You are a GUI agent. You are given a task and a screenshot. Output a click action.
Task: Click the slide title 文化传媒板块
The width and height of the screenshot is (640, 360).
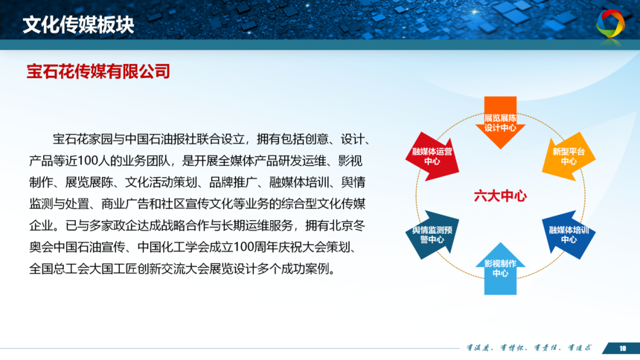78,25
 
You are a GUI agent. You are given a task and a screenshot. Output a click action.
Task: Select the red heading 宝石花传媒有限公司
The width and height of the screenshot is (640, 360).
98,71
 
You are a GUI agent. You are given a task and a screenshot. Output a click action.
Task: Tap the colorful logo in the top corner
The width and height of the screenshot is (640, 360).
610,24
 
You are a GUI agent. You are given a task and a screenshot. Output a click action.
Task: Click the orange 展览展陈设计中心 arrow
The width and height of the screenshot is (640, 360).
500,123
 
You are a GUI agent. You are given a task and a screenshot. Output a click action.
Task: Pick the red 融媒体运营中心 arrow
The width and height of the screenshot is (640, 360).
432,156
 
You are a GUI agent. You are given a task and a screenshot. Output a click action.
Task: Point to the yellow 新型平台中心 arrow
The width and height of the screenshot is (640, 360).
569,156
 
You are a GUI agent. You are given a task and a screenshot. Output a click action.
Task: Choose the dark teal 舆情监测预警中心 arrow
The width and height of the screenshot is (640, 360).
432,235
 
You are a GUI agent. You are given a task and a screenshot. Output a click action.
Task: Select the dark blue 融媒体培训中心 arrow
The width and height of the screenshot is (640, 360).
569,235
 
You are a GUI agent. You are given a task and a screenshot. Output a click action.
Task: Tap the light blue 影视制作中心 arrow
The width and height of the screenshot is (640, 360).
500,269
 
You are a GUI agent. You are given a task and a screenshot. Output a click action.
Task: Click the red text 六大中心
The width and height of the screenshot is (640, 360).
500,196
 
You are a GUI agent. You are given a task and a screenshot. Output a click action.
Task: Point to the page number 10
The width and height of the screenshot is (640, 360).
622,348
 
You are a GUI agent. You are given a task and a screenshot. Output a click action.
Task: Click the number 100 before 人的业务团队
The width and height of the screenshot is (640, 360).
88,161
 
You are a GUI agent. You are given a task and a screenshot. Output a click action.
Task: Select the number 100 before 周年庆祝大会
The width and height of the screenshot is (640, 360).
245,248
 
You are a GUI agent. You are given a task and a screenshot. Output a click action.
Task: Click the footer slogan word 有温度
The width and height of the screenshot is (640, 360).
478,348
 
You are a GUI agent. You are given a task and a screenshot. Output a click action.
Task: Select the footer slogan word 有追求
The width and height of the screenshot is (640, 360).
580,348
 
